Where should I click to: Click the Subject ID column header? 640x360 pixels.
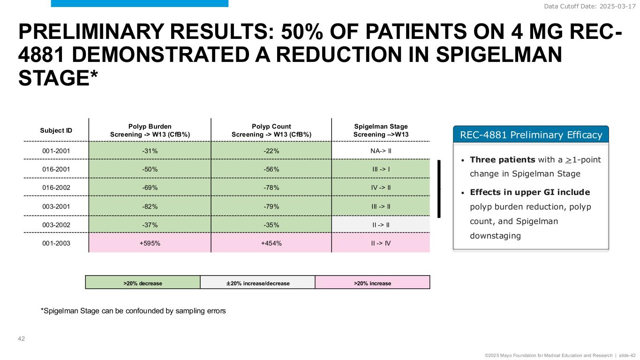point(56,130)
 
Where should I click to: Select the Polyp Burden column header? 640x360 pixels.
point(150,131)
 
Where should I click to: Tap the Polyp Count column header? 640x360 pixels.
point(271,131)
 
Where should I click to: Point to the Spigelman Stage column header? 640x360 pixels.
point(380,131)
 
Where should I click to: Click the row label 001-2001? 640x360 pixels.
point(56,151)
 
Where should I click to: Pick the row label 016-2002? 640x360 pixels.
point(56,187)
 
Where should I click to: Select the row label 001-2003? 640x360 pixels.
point(56,243)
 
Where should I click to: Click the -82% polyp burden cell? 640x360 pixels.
point(150,206)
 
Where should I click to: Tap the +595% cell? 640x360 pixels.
point(150,243)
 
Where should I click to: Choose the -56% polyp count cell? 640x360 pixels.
point(271,169)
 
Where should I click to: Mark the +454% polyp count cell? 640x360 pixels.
point(271,243)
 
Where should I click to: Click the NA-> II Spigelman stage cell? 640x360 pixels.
point(380,151)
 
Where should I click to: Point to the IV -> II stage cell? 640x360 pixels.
point(380,187)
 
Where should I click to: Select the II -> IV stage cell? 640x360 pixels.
point(380,243)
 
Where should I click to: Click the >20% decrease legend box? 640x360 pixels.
point(143,283)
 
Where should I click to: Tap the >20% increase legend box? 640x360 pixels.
point(372,283)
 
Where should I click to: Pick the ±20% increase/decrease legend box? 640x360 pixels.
point(257,283)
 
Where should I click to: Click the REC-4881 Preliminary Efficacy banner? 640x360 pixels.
point(530,135)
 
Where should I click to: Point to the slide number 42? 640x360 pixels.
point(21,338)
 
